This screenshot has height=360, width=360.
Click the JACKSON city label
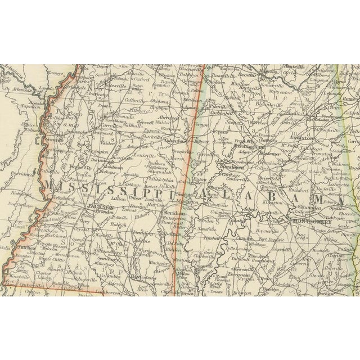click(101, 207)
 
